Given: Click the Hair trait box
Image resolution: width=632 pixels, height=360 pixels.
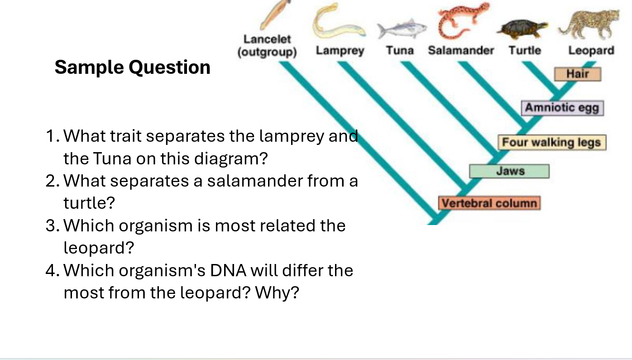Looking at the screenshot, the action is (578, 74).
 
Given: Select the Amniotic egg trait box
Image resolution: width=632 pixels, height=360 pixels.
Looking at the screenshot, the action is (562, 108).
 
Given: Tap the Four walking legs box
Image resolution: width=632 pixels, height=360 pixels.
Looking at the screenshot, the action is (552, 143).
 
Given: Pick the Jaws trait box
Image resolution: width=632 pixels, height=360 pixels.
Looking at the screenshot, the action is (509, 171).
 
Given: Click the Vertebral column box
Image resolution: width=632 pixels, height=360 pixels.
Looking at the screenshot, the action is (489, 203).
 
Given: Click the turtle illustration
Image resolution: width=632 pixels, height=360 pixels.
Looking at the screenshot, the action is (522, 29).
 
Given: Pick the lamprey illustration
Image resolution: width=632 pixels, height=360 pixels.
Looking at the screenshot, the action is (339, 21).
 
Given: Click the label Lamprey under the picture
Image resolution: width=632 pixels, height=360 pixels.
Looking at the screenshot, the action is (340, 51).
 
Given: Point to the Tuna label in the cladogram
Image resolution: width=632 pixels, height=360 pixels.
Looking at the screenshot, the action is (400, 51).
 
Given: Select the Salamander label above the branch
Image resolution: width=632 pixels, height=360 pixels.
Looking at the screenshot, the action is (461, 51).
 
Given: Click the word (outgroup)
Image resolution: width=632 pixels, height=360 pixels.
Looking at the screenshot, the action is (267, 52).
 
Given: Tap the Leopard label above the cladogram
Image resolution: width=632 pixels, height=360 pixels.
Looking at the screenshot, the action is (591, 51).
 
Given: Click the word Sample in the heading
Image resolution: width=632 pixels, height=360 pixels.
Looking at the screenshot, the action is (89, 67).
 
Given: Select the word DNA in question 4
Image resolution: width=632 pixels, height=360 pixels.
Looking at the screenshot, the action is (228, 270).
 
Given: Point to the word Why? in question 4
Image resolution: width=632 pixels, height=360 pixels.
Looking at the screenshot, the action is (277, 293).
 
